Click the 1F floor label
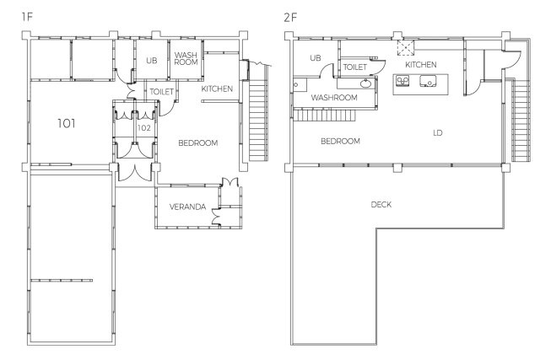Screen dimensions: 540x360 pos(27,17)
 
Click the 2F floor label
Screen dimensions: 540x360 pos(290,17)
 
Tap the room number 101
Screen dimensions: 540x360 pos(66,123)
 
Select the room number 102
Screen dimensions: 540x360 pos(144,128)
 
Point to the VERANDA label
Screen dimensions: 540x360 pos(187,207)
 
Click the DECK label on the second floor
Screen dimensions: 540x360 pos(381,204)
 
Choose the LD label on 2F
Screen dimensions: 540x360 pos(437,133)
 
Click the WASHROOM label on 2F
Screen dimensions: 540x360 pos(334,98)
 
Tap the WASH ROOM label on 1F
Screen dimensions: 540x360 pos(186,58)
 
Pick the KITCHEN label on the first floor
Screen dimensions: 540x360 pos(217,89)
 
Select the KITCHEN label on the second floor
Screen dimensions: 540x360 pos(421,65)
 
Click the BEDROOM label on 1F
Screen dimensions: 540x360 pos(198,142)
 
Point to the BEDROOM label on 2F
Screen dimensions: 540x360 pos(340,141)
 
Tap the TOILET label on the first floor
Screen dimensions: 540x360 pos(161,92)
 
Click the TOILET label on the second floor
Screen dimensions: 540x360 pos(355,67)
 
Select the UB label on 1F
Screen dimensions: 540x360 pos(152,61)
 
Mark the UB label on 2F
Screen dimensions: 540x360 pos(316,58)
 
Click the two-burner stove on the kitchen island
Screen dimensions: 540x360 pos(402,81)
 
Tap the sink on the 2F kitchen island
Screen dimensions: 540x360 pos(428,81)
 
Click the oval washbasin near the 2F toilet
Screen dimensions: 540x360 pos(365,83)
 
